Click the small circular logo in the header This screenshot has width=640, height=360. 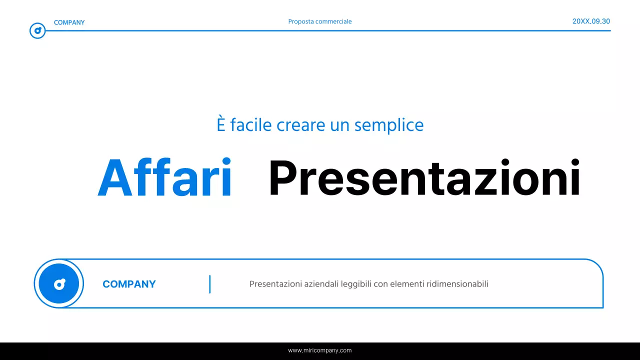point(37,31)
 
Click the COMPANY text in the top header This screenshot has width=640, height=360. point(69,22)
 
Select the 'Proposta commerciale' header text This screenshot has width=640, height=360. point(320,21)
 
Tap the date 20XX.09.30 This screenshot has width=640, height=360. point(591,21)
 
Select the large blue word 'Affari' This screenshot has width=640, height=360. point(165,178)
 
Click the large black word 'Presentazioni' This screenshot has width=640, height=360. point(424,178)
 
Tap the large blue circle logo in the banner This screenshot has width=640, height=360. point(59,284)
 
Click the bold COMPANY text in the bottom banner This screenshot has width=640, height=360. point(129,284)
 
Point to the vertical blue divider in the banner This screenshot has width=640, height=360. point(210,284)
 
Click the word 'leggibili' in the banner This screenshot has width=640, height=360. point(356,284)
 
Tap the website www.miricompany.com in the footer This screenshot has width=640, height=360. point(320,350)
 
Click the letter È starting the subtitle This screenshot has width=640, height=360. point(221,124)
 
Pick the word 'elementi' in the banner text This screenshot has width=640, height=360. point(406,284)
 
